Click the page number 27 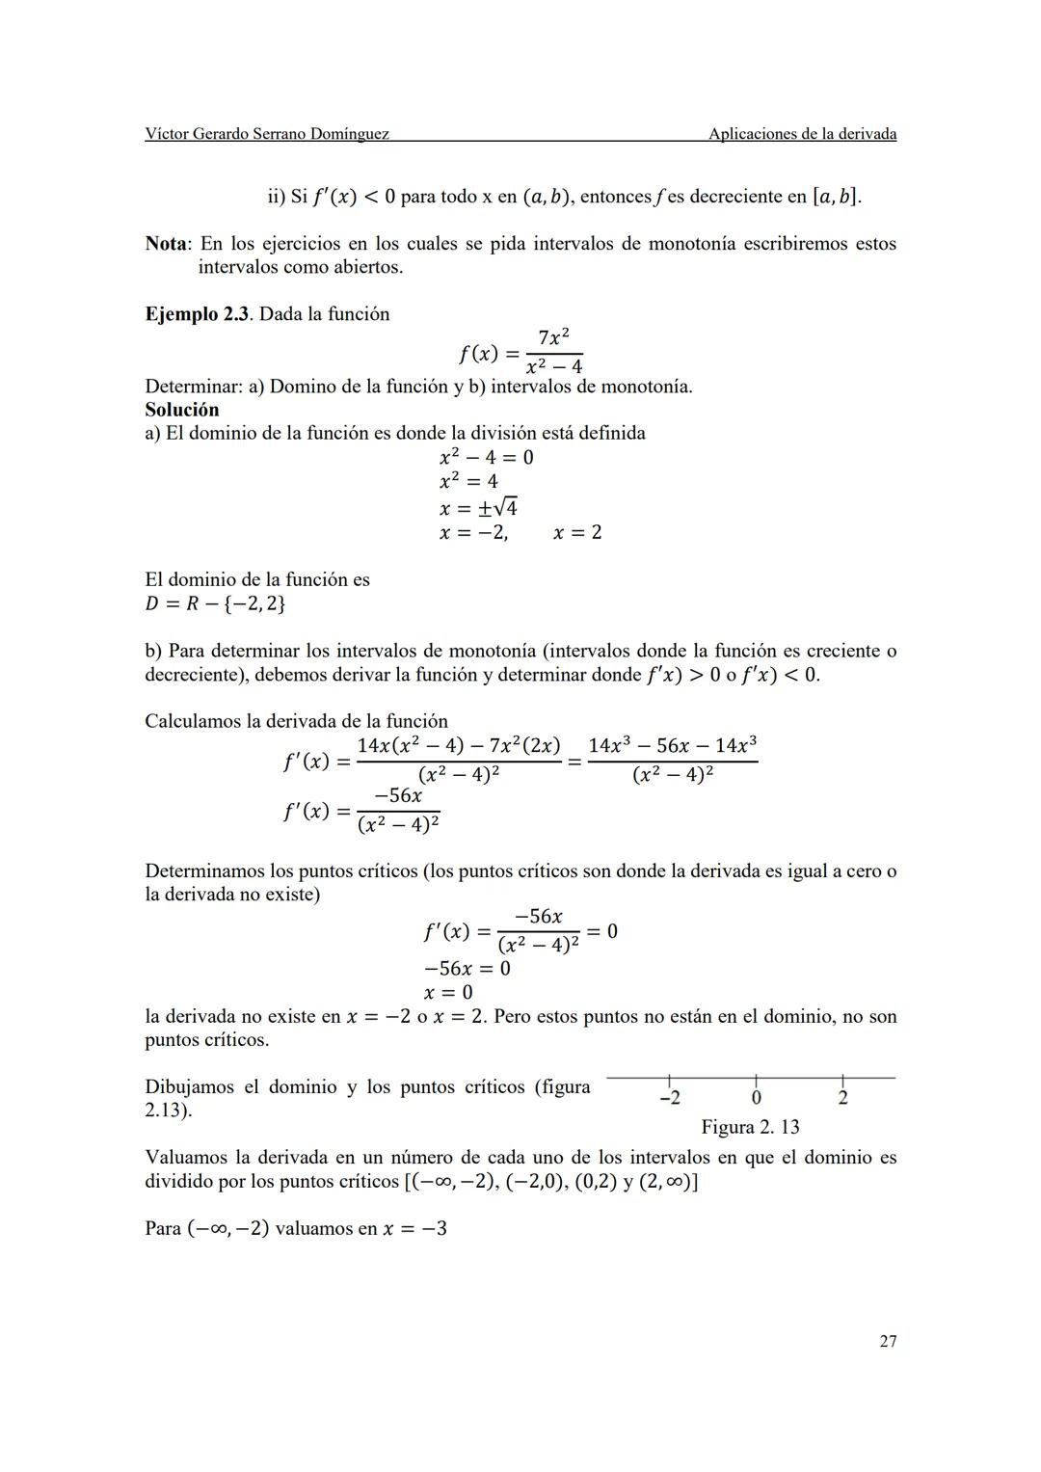[888, 1341]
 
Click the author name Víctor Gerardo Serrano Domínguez [267, 134]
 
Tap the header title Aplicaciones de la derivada [802, 134]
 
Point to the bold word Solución [182, 410]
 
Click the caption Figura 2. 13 [750, 1127]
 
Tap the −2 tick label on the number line [670, 1098]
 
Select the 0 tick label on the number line [756, 1098]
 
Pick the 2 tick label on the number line [842, 1098]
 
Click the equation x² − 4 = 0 [486, 457]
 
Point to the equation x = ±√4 [478, 507]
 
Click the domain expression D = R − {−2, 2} [215, 604]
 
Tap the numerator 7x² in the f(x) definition [553, 337]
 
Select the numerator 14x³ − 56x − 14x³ [672, 745]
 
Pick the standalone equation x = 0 [448, 992]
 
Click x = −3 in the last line [414, 1229]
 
